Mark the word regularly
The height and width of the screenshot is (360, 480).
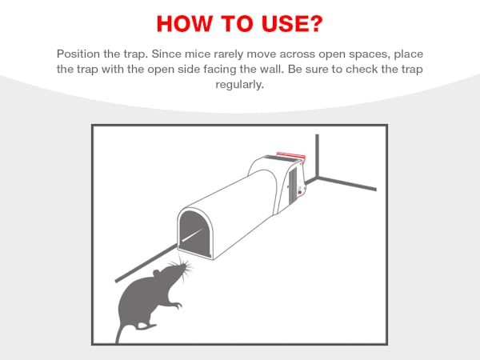(240, 85)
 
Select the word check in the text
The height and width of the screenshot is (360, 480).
(362, 69)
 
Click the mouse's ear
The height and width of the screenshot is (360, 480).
(157, 274)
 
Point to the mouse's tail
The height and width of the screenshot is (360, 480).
(119, 332)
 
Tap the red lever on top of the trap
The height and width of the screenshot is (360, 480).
(291, 156)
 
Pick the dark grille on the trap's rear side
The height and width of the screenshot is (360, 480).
(293, 186)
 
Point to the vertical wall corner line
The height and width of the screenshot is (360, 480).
(317, 155)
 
